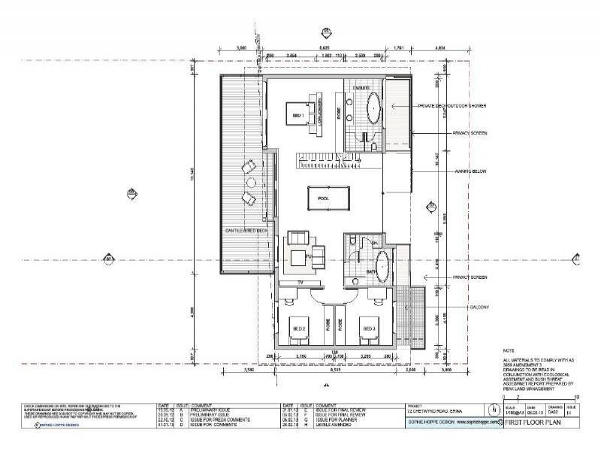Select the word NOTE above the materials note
[509, 352]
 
